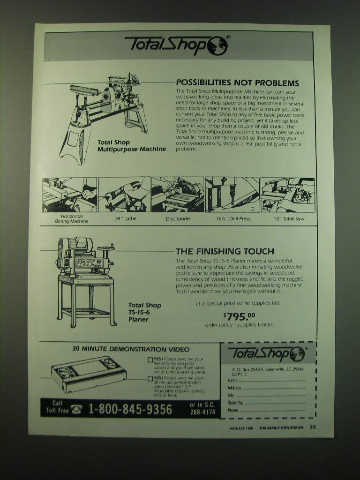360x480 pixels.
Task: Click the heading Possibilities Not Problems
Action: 237,83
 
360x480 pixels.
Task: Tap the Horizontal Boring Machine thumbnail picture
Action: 70,195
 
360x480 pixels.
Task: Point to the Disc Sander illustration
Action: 178,195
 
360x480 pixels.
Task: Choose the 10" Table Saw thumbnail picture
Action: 287,195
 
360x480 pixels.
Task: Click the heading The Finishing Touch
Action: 225,251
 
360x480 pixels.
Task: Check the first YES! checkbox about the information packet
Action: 150,360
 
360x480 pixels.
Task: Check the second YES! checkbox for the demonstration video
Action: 150,378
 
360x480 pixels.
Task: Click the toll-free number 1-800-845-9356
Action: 130,409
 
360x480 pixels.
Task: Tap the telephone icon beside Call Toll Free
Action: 77,410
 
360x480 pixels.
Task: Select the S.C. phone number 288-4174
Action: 202,412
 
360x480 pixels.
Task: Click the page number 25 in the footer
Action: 313,427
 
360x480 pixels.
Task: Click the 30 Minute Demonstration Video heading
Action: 131,349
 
